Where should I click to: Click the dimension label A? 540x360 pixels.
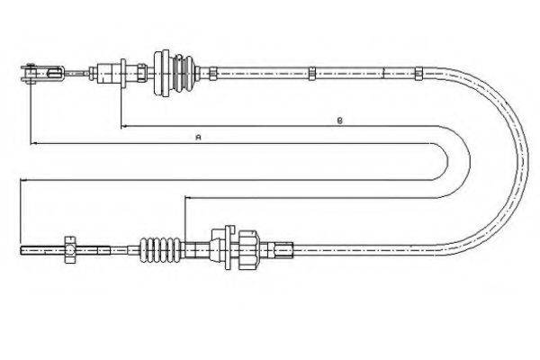click(x=198, y=138)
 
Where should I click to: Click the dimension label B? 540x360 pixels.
click(x=339, y=121)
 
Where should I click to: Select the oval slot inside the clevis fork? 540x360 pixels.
click(x=55, y=74)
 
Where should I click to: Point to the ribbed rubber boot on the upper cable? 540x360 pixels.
click(x=184, y=74)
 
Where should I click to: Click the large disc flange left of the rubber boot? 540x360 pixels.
click(x=162, y=73)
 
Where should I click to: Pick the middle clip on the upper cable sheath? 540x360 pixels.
click(x=312, y=74)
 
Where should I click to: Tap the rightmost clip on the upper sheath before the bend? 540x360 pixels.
click(x=418, y=74)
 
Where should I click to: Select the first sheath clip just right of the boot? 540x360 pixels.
click(x=212, y=74)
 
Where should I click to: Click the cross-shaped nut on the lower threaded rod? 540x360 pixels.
click(x=70, y=250)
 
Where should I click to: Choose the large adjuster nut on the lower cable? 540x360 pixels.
click(x=247, y=250)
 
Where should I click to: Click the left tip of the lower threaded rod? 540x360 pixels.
click(x=21, y=250)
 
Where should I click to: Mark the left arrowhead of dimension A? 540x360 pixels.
click(x=32, y=143)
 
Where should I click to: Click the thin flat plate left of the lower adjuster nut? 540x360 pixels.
click(x=229, y=247)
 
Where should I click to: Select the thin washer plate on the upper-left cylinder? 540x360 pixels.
click(x=123, y=74)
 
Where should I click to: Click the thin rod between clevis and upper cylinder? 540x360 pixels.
click(x=76, y=74)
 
